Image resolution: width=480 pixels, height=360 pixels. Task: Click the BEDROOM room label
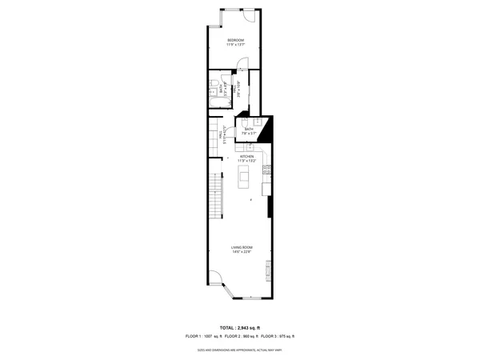pos(235,40)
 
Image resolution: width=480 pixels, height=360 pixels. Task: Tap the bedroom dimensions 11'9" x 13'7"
pos(235,45)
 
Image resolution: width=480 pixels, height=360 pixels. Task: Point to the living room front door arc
pos(218,282)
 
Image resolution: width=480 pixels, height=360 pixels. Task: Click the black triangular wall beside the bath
pos(267,128)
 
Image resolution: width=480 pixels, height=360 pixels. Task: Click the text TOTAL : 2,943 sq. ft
pos(241,329)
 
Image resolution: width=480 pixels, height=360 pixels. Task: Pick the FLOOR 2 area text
pos(241,337)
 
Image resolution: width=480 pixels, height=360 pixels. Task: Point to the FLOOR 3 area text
pos(280,337)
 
